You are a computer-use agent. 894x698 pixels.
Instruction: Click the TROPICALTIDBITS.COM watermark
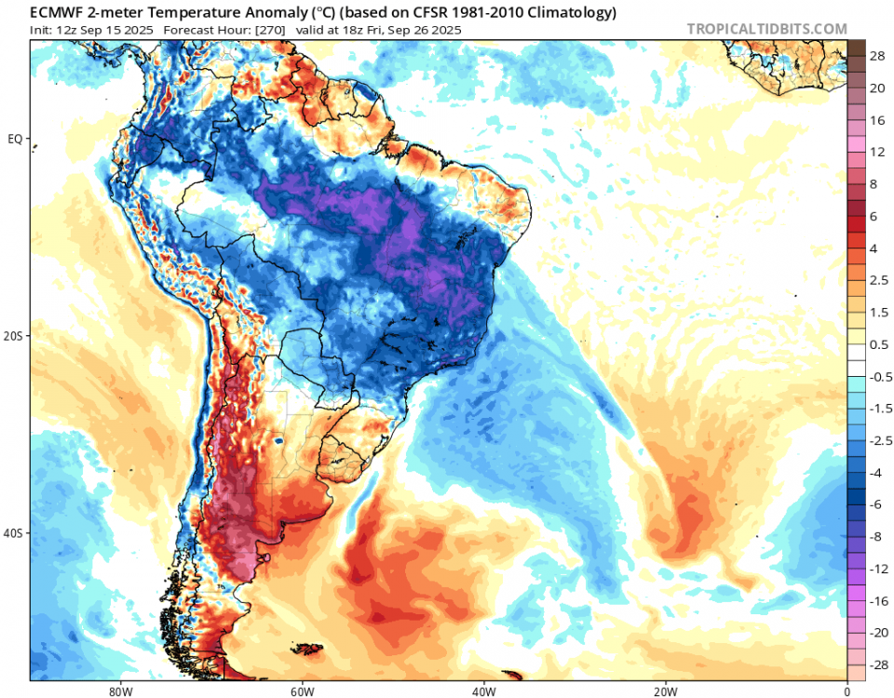pos(766,29)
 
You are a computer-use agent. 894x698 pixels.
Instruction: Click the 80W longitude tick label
pos(117,691)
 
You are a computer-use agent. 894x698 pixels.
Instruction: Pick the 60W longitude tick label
pos(300,691)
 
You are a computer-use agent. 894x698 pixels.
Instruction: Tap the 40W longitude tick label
pos(482,691)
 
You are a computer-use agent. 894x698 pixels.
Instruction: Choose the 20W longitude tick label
pos(665,691)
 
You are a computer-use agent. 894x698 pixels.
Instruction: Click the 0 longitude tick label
pos(847,691)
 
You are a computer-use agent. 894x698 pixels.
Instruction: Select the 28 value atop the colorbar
pos(877,57)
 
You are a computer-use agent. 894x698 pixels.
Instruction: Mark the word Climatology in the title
pos(570,12)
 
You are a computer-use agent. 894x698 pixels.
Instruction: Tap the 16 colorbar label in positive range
pos(877,121)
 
